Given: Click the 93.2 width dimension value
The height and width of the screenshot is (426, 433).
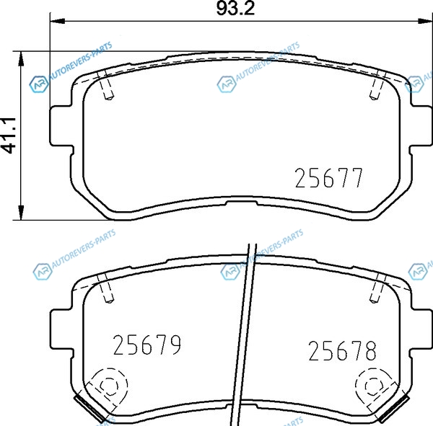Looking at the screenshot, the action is (235, 9).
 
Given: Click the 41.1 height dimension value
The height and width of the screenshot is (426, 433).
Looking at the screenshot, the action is (9, 136).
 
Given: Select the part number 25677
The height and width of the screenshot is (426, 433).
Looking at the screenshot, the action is (328, 178).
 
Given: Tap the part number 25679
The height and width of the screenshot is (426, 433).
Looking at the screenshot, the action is (147, 345).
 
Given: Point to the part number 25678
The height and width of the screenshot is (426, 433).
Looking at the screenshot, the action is (342, 351).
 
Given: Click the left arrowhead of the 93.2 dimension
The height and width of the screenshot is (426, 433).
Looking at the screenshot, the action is (58, 21).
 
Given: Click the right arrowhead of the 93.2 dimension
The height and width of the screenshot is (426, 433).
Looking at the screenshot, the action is (425, 21).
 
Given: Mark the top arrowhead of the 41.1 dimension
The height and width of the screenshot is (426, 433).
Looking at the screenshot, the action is (21, 59).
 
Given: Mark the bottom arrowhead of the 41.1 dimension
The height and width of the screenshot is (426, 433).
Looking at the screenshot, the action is (21, 213).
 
